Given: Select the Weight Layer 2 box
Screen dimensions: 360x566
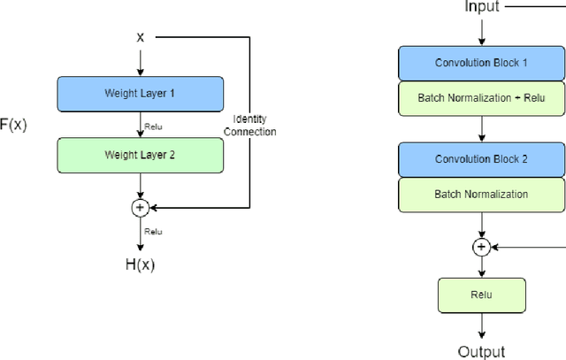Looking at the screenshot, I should [x=140, y=155].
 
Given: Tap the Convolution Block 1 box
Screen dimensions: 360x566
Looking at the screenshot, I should [x=481, y=63].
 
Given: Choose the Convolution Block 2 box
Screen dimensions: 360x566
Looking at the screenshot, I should [x=481, y=159].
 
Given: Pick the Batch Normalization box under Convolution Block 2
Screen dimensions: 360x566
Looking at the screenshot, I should [x=481, y=194].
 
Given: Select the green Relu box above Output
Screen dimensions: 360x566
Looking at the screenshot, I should [x=481, y=295].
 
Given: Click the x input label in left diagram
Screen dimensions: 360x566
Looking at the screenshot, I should [x=140, y=37].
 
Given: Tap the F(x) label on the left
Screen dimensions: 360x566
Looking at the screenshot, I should [x=13, y=124].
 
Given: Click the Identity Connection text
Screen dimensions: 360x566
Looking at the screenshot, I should [x=255, y=125].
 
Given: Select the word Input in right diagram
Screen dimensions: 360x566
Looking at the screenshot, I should [x=482, y=7].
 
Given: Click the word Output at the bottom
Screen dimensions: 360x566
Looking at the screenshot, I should [x=481, y=351].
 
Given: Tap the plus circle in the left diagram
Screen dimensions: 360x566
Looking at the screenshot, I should [x=140, y=208].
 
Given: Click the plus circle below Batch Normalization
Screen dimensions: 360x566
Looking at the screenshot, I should [x=481, y=247].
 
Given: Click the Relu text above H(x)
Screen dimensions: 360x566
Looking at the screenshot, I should [x=154, y=232].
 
